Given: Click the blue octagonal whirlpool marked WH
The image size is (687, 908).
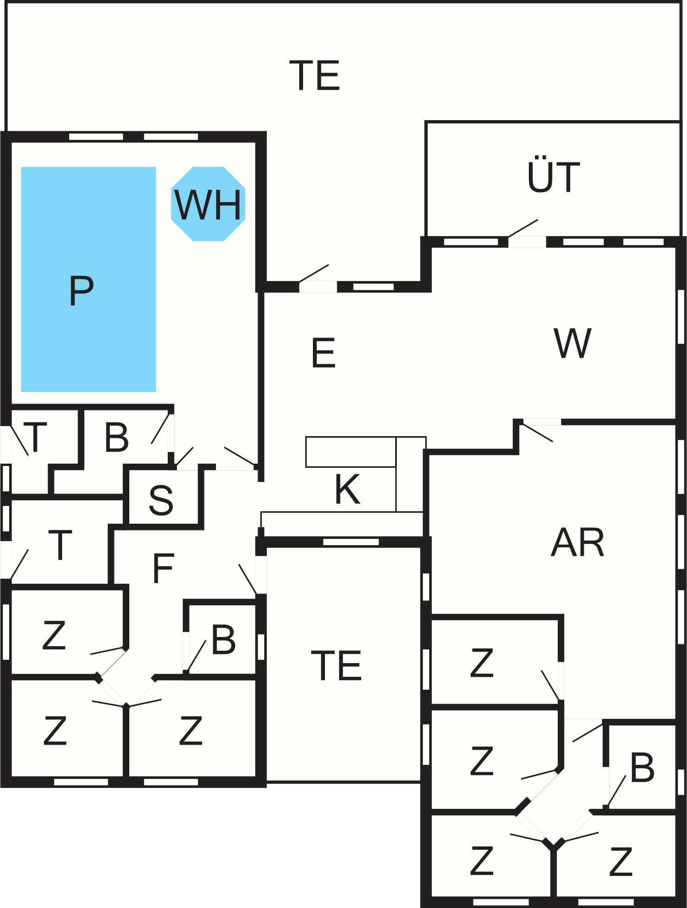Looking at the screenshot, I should point(208,204).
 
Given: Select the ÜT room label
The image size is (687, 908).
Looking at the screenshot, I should point(553,177).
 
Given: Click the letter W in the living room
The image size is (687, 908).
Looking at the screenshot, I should point(572,343).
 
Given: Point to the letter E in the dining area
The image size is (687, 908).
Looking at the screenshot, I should point(323,353).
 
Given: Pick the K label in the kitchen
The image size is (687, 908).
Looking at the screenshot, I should point(347,490).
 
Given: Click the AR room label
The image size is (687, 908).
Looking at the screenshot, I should point(577,543).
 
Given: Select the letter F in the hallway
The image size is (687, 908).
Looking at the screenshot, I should point(163,569).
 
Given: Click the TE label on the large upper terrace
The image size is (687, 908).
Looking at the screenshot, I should point(315,76).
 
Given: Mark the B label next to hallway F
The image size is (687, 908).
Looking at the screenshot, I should point(223,640).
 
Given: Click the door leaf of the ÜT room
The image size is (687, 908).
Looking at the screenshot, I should point(522,228).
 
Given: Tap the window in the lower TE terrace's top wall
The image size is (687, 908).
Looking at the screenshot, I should point(351,542).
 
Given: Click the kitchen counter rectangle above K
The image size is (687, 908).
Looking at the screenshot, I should point(351,452).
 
